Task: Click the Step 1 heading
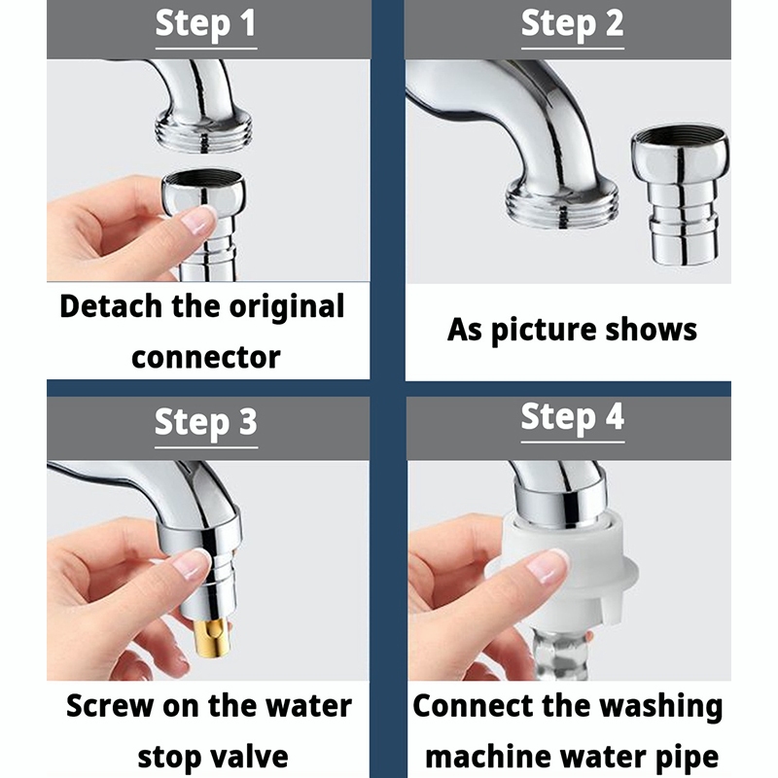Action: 206,23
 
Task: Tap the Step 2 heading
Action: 573,23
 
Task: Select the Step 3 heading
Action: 206,423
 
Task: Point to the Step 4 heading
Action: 573,417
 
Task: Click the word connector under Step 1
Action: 206,357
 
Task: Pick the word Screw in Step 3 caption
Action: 110,706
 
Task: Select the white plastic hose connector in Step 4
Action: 566,572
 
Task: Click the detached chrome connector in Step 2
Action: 680,195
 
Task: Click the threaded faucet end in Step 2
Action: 562,202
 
